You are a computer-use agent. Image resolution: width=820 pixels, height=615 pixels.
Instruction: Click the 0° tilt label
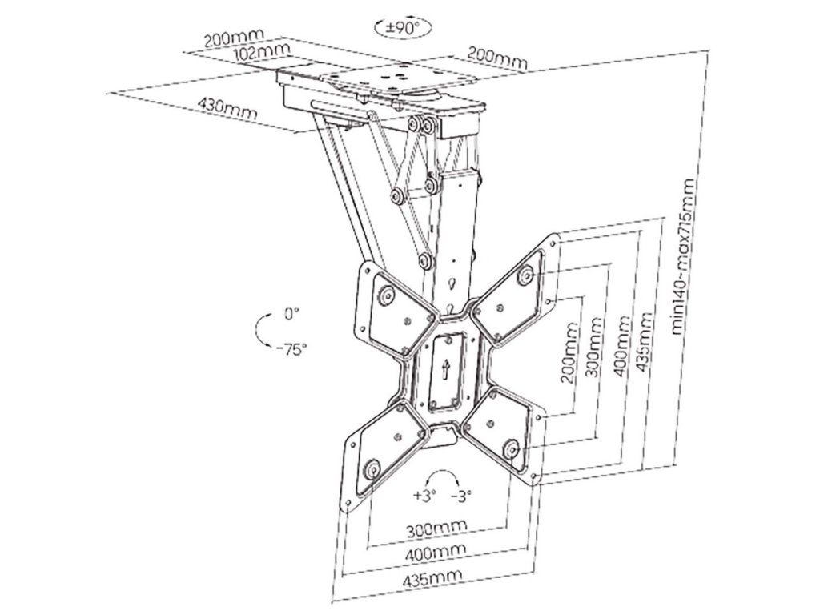[x=290, y=315]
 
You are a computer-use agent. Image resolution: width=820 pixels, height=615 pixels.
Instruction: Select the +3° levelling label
[x=424, y=495]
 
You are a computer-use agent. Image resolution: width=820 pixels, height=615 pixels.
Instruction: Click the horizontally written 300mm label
[x=436, y=529]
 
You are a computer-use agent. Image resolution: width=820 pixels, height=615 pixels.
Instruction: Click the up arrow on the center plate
[x=445, y=369]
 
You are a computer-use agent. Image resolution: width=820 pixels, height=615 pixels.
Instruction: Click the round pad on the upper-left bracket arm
[x=386, y=296]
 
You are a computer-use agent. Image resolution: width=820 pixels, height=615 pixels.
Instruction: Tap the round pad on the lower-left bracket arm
[x=371, y=468]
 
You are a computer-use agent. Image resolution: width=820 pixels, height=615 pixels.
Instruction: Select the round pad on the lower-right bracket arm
[x=510, y=449]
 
